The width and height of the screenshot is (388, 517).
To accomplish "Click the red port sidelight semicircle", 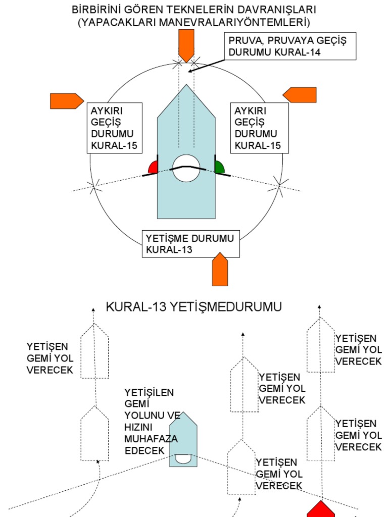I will [x=153, y=168].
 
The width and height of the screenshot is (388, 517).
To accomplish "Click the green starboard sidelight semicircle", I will [x=220, y=168].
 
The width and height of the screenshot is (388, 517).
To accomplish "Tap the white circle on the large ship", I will [x=186, y=169].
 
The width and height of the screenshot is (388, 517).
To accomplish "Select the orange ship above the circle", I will [x=186, y=45].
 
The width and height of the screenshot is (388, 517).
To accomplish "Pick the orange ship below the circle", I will [x=220, y=270].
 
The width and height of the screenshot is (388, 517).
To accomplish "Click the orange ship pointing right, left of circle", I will [x=66, y=101].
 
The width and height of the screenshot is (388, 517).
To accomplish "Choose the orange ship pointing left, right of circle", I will [x=300, y=95].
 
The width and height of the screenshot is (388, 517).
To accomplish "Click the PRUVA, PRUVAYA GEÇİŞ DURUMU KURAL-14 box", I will [x=292, y=46].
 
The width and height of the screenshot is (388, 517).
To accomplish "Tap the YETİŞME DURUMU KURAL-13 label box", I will [x=190, y=244].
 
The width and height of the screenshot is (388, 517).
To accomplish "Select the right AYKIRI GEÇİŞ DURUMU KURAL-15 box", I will [x=259, y=128].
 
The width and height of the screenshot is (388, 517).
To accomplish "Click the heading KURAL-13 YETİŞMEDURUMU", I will [x=193, y=307].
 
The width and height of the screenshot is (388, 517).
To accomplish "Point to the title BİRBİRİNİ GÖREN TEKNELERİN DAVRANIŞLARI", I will [x=194, y=10].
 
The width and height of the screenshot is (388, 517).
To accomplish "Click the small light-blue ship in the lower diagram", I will [x=183, y=439].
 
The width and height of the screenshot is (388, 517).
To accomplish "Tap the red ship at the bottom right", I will [x=320, y=509].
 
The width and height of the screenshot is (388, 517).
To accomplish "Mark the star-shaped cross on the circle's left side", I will [x=94, y=187].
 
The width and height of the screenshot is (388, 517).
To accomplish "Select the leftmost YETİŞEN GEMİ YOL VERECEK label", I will [x=50, y=358].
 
